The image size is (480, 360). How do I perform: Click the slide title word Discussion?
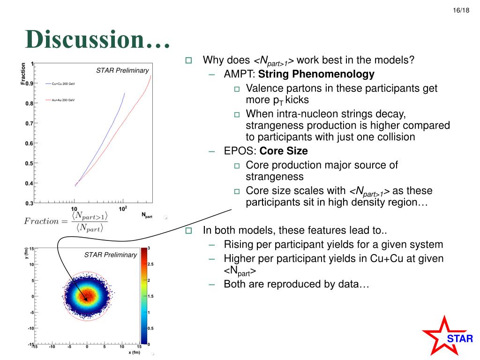(x=84, y=39)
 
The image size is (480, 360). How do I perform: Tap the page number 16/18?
(x=461, y=10)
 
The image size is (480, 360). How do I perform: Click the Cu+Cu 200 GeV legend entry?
(x=60, y=83)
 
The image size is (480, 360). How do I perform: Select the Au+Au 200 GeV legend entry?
(x=60, y=100)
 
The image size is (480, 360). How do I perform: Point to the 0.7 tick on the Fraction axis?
(x=30, y=123)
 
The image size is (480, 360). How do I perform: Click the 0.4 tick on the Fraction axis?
(x=30, y=183)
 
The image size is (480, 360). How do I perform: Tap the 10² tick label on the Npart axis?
(x=123, y=209)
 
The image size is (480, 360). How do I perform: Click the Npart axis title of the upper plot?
(x=147, y=215)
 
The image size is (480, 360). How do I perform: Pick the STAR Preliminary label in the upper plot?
(x=122, y=70)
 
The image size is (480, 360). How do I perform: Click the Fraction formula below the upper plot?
(x=66, y=221)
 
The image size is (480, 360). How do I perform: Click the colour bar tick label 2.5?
(x=150, y=264)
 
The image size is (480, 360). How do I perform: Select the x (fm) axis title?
(x=135, y=352)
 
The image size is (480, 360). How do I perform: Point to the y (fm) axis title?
(x=27, y=253)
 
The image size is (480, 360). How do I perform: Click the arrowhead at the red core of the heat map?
(x=86, y=299)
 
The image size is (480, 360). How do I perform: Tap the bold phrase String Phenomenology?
(x=316, y=74)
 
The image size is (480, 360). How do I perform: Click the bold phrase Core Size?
(x=284, y=151)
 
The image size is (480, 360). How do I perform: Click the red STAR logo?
(x=447, y=336)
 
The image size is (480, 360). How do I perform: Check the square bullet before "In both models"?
(x=188, y=230)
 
